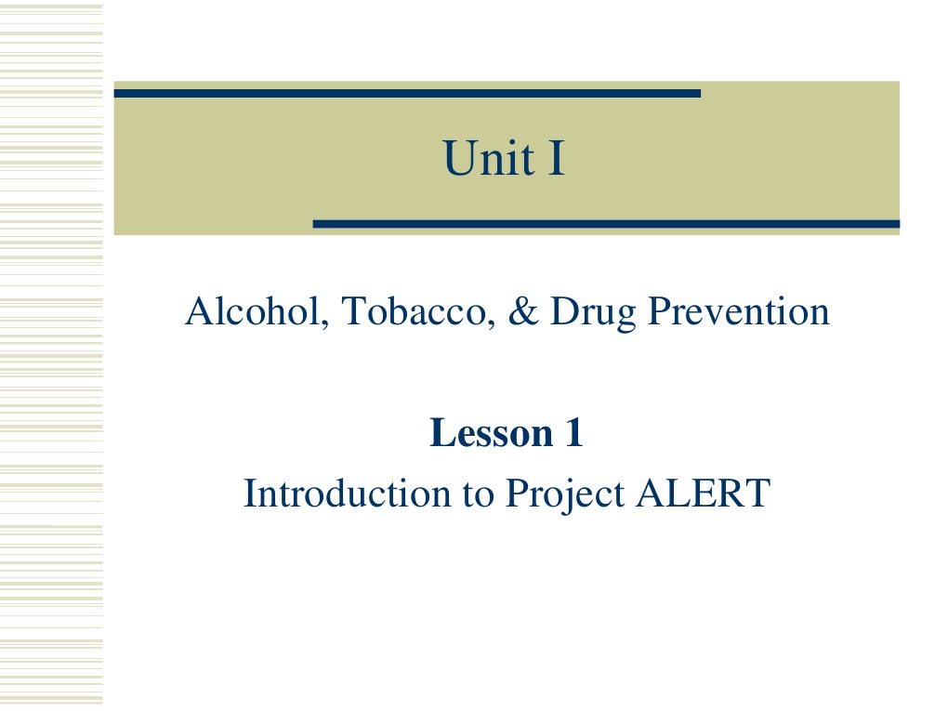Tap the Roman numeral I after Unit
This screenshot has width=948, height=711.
pyautogui.click(x=556, y=157)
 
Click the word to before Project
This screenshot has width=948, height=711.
pyautogui.click(x=479, y=494)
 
